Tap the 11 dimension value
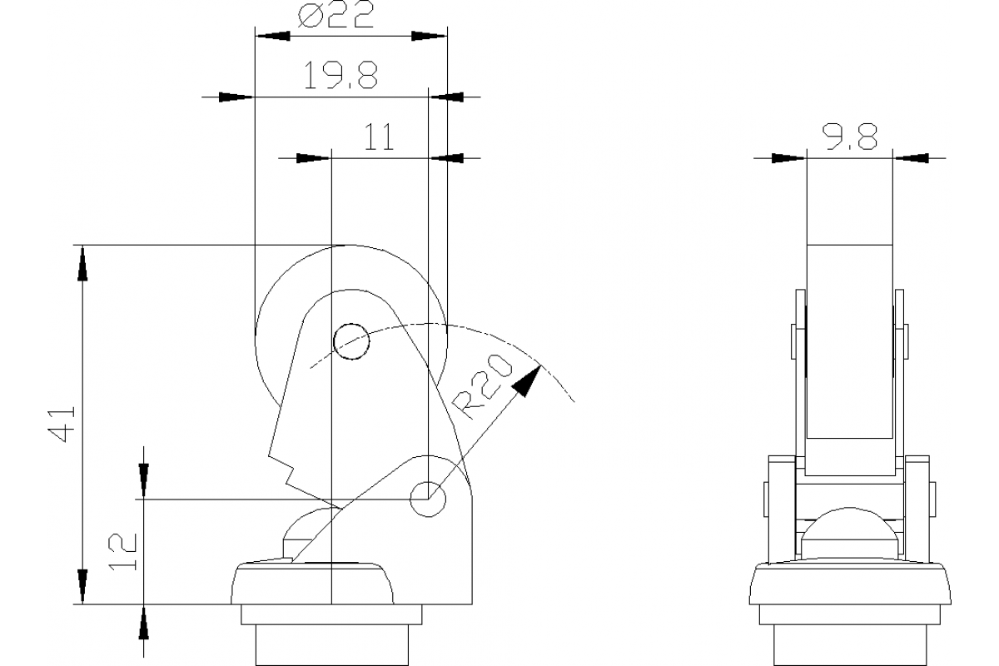(x=379, y=137)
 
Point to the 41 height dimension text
(x=64, y=423)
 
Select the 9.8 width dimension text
(x=850, y=137)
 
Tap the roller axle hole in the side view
(x=350, y=340)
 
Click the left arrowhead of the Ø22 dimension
(x=271, y=37)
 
